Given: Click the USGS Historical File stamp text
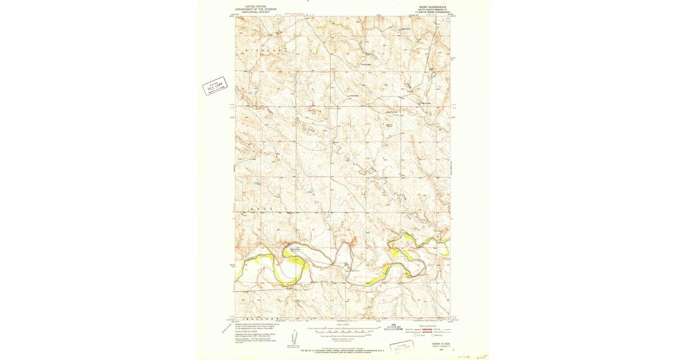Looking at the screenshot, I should [393, 328].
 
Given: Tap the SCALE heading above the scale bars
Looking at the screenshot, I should [343, 325].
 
